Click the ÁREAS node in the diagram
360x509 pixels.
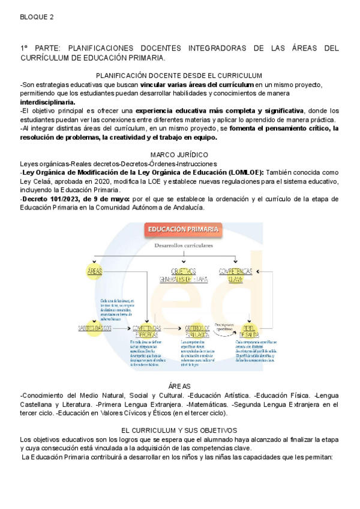tap(95, 271)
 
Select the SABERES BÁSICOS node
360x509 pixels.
tap(95, 328)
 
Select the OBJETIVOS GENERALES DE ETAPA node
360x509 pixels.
tap(184, 275)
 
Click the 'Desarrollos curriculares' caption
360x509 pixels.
tap(184, 246)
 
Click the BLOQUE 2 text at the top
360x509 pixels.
tap(37, 17)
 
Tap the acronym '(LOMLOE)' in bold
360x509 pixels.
tap(245, 172)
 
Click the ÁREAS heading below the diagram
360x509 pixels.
tap(179, 387)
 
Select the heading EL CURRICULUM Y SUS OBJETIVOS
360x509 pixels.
tap(179, 430)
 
